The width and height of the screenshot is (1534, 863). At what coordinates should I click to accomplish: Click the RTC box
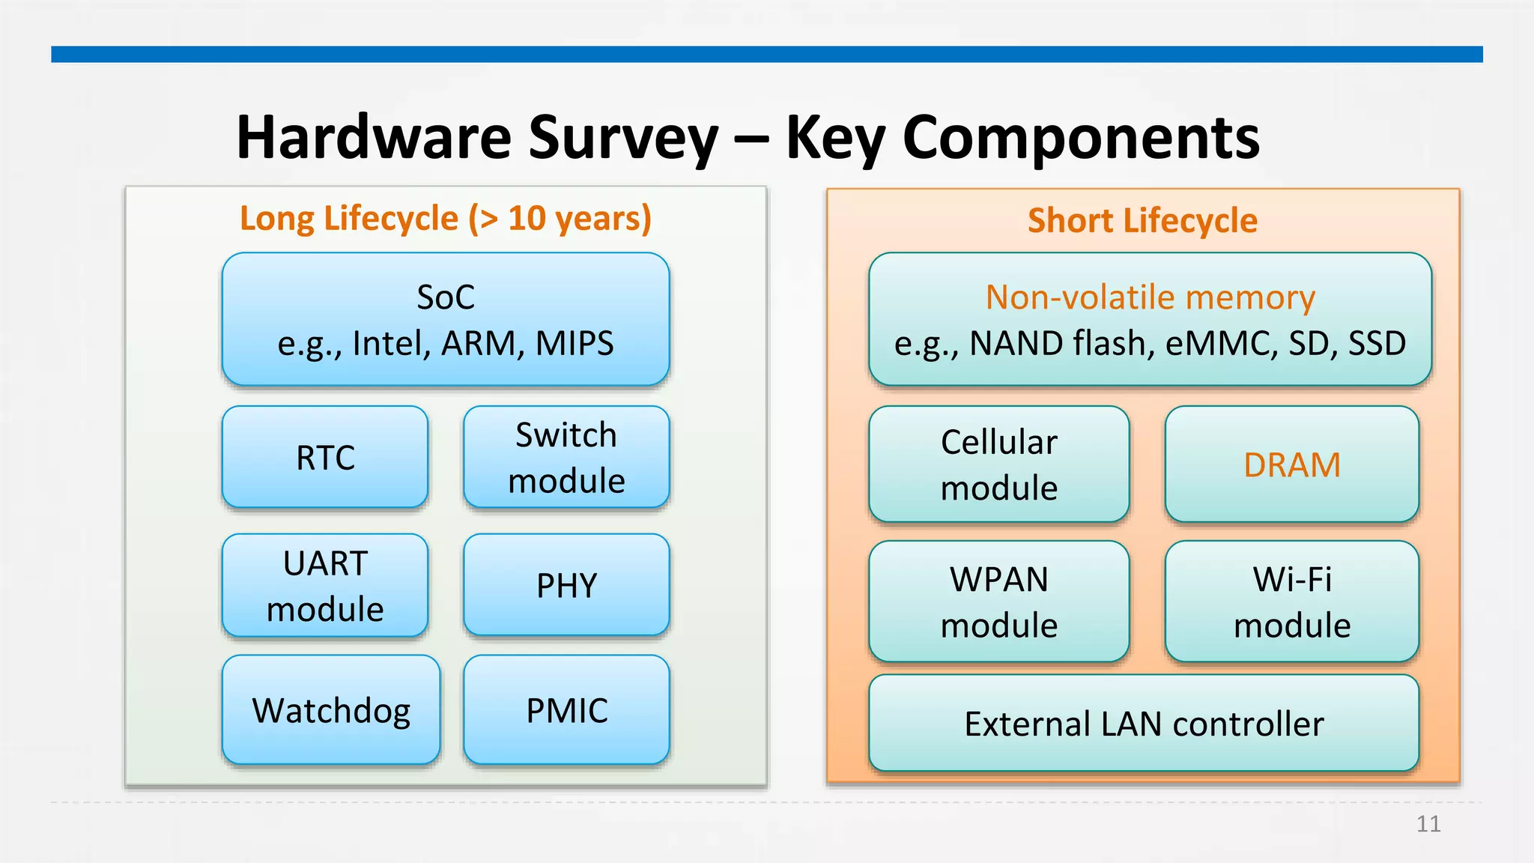325,457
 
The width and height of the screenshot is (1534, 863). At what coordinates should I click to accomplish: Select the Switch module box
566,457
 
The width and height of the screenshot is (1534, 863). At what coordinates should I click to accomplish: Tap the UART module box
325,585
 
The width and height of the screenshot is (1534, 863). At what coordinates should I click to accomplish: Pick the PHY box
566,585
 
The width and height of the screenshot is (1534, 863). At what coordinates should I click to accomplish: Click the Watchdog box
331,710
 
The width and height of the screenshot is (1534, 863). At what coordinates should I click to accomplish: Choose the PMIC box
566,710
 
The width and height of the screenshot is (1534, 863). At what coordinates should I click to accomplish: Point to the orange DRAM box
1291,464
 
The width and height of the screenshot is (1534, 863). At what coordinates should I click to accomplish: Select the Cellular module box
998,464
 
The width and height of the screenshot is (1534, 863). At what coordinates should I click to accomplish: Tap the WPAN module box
998,602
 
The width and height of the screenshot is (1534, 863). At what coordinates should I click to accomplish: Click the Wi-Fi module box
1291,602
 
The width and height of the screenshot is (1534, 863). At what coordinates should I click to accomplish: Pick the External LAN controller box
1144,724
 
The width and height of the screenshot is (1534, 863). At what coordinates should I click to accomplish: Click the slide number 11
1428,824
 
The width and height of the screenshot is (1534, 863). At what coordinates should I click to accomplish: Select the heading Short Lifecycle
1142,221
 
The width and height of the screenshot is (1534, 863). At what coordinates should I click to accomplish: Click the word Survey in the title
623,139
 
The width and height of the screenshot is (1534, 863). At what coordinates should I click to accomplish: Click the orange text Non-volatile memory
1150,297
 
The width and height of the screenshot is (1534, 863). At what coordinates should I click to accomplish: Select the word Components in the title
1081,139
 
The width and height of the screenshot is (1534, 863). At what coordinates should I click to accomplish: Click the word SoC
446,297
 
